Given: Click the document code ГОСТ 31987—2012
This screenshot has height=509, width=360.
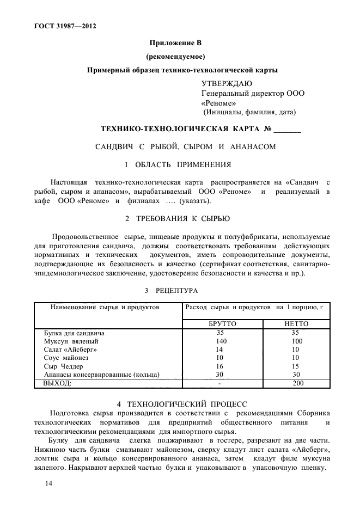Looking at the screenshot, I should point(61,25).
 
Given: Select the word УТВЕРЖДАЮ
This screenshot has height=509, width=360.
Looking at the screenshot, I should point(227,83).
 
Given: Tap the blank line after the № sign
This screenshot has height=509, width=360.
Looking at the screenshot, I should point(287,130).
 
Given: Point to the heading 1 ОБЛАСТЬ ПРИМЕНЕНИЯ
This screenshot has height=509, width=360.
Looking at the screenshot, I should point(178,164).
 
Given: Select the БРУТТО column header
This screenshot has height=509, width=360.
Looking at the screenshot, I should point(222,323).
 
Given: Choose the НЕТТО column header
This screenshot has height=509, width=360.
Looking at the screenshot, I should point(296,323).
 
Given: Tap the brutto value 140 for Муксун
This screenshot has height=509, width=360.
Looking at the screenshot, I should point(221,341).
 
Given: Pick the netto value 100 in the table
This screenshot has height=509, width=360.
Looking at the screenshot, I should point(296,341).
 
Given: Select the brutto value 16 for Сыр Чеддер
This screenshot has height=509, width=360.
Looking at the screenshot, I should point(220,366).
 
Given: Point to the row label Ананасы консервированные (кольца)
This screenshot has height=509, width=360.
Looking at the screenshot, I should point(101,375).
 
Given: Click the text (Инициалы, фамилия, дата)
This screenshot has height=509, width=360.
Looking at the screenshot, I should point(249,113).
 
